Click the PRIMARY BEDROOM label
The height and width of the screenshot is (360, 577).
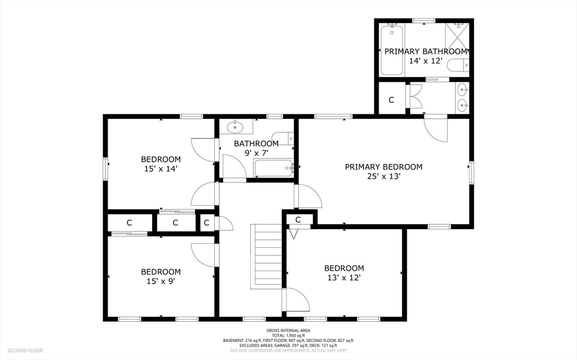click(383, 167)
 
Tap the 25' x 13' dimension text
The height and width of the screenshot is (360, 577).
click(384, 176)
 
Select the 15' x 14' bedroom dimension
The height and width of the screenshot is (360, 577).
click(161, 169)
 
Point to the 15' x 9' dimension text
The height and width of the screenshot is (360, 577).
click(161, 282)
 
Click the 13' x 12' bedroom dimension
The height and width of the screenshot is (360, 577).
click(344, 278)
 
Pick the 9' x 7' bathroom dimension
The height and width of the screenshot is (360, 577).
click(256, 152)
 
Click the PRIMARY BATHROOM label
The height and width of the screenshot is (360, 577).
click(426, 51)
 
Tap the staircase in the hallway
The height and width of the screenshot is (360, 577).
click(267, 256)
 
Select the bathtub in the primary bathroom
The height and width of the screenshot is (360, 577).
click(392, 50)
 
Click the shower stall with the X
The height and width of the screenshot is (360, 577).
click(457, 36)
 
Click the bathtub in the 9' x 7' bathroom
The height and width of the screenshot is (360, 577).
click(274, 168)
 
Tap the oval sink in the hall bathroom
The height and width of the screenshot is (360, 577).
click(235, 127)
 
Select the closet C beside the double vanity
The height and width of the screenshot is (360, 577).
click(391, 100)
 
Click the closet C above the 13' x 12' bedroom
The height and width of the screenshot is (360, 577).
click(298, 220)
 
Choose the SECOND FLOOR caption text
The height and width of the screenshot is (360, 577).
click(25, 350)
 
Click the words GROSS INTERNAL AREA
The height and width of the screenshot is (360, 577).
click(288, 331)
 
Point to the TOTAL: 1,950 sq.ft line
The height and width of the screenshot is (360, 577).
click(288, 336)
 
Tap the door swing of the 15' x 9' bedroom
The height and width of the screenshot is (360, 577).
click(203, 255)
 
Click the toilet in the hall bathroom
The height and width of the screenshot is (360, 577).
click(282, 137)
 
